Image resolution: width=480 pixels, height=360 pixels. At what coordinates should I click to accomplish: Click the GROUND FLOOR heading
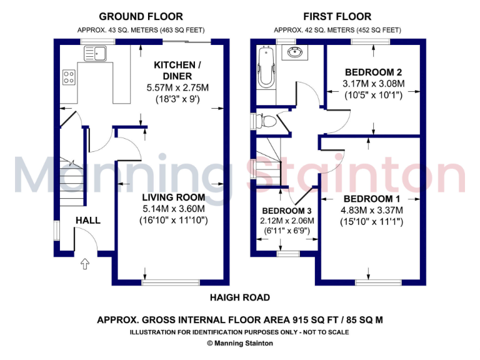tap(141, 16)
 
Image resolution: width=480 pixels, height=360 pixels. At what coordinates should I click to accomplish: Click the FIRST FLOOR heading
tap(337, 16)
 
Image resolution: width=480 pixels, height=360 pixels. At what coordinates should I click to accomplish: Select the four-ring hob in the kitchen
tap(69, 78)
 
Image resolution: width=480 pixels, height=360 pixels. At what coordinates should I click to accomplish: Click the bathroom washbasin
tap(294, 53)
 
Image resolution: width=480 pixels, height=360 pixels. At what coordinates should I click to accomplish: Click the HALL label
tap(87, 221)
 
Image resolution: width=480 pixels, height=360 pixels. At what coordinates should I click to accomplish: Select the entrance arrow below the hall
tap(84, 264)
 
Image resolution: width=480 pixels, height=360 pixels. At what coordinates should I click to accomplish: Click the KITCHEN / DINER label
tap(177, 70)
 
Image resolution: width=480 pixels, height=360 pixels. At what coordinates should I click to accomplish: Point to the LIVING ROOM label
tap(173, 197)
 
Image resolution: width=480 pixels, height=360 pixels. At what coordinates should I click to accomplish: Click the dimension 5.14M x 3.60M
tap(173, 209)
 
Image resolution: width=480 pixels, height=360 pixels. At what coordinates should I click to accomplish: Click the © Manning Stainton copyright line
tap(240, 343)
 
